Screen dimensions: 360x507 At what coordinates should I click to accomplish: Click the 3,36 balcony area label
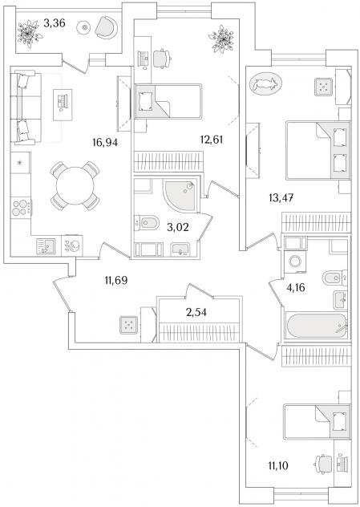[55, 23]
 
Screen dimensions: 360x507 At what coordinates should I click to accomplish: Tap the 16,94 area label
[105, 142]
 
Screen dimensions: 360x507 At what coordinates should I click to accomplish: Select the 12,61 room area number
[212, 140]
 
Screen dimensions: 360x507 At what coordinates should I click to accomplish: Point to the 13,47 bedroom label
[281, 197]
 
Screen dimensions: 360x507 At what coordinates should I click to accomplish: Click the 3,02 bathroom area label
[178, 228]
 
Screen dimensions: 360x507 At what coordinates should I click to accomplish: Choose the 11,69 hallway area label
[116, 280]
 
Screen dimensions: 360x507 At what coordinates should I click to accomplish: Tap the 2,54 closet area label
[196, 312]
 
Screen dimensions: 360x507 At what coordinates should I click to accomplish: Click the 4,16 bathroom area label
[296, 287]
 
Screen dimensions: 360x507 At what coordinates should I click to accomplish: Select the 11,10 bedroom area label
[278, 466]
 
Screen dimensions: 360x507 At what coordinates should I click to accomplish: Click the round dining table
[75, 185]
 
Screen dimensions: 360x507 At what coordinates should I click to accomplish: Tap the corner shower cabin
[180, 196]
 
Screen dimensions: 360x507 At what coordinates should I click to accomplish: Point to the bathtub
[317, 326]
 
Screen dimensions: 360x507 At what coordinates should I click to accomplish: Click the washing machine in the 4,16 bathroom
[295, 262]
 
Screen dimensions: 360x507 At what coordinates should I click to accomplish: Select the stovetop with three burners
[21, 208]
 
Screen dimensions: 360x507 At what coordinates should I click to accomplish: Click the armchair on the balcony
[107, 28]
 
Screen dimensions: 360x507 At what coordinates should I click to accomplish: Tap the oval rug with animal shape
[265, 83]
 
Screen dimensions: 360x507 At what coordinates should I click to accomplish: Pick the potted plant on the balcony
[30, 34]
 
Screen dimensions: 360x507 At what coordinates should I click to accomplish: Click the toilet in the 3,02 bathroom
[147, 223]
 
